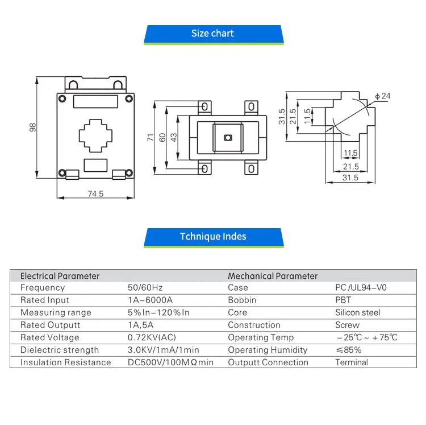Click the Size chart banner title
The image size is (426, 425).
pos(212,33)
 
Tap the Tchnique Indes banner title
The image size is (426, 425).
pos(213,237)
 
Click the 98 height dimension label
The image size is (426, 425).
pos(32,127)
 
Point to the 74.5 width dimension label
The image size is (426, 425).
pos(95,194)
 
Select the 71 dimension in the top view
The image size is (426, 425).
pos(151,138)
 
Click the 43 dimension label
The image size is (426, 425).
pos(174,138)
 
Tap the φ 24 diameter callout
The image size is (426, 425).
pos(383,96)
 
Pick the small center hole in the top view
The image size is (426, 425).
pos(228,138)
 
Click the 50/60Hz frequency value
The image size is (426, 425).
pos(145,287)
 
